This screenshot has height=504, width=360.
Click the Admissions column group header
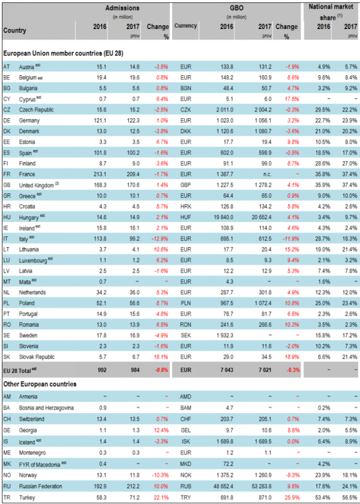[x=122, y=8]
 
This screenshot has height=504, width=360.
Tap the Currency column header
[x=185, y=26]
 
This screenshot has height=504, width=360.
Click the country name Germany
[x=30, y=120]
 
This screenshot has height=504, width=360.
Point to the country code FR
[x=7, y=174]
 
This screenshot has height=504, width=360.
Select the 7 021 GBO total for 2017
[x=263, y=368]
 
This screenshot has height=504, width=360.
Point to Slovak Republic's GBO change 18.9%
[x=290, y=356]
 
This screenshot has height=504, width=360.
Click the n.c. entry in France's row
[x=264, y=174]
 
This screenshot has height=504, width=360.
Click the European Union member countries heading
[x=63, y=53]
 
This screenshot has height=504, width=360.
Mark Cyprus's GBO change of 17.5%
[x=290, y=98]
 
